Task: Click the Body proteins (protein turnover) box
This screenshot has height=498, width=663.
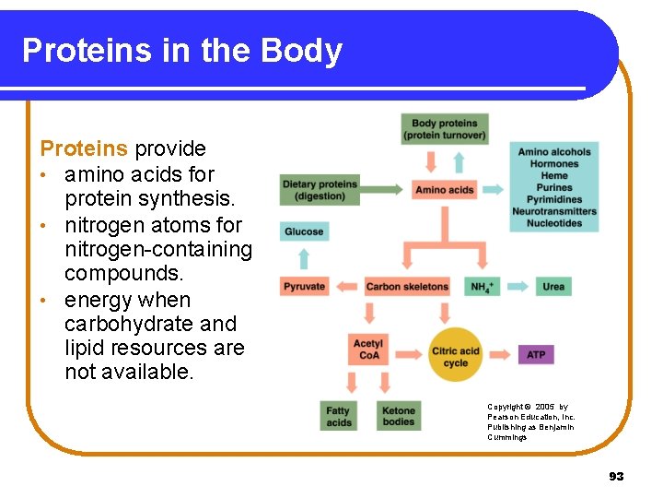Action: [445, 129]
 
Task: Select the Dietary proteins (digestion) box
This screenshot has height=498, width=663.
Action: [320, 190]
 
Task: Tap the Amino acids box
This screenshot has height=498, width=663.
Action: [445, 190]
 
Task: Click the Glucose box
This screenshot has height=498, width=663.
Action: [304, 231]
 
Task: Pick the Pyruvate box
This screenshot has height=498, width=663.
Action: [305, 286]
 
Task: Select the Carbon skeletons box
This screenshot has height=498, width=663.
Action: [407, 286]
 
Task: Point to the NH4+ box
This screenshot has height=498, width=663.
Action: [483, 286]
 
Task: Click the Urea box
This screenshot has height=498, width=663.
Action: [553, 286]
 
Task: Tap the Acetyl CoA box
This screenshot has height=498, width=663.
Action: [368, 350]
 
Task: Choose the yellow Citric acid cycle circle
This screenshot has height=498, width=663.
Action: [456, 354]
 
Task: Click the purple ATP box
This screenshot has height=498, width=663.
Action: [536, 354]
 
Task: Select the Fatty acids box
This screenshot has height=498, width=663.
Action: [339, 416]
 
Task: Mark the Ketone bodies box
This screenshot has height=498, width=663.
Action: [399, 416]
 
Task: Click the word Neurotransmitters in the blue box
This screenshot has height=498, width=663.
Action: [554, 211]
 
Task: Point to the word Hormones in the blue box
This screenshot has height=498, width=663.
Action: [554, 164]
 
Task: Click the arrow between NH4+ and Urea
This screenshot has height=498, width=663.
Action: [518, 286]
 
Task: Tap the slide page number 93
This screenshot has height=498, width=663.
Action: [616, 476]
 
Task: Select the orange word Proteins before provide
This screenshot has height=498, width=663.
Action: [84, 148]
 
